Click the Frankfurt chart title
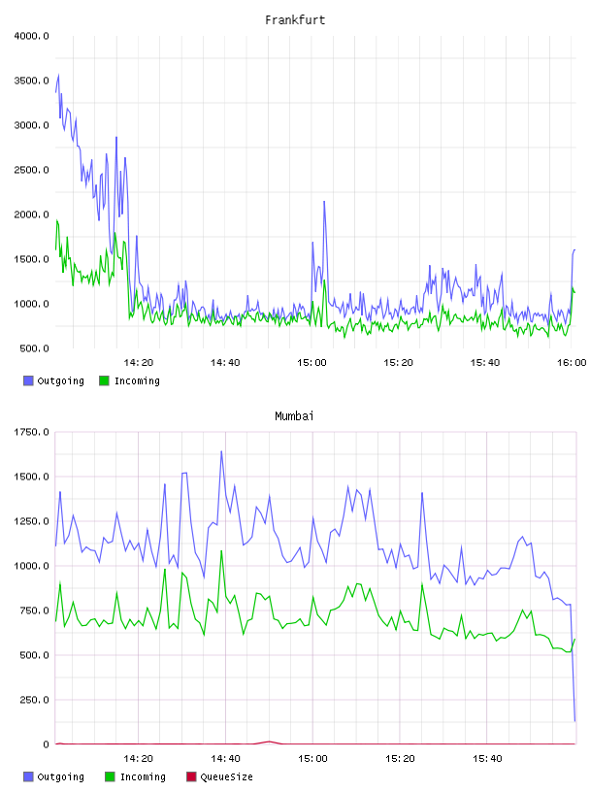coord(295,20)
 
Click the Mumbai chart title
coord(294,416)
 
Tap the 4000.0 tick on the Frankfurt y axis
coord(31,36)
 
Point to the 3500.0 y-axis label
coord(31,81)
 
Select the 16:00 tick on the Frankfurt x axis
coord(572,363)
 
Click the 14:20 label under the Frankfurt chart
coord(138,363)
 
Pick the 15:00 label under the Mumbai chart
coord(312,759)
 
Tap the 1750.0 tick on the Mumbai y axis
coord(31,432)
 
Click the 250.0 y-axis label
coord(34,700)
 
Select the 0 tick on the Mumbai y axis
coord(46,744)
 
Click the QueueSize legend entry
coord(219,776)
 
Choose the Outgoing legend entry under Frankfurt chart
coord(54,380)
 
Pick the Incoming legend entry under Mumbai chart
coord(136,776)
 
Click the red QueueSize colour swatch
coord(191,776)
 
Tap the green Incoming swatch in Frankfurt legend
coord(104,380)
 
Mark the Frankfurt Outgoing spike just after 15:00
coord(324,202)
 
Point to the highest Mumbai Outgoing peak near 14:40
coord(221,451)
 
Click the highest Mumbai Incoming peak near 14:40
coord(221,551)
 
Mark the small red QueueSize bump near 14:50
coord(269,742)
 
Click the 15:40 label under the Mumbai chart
coord(487,759)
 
